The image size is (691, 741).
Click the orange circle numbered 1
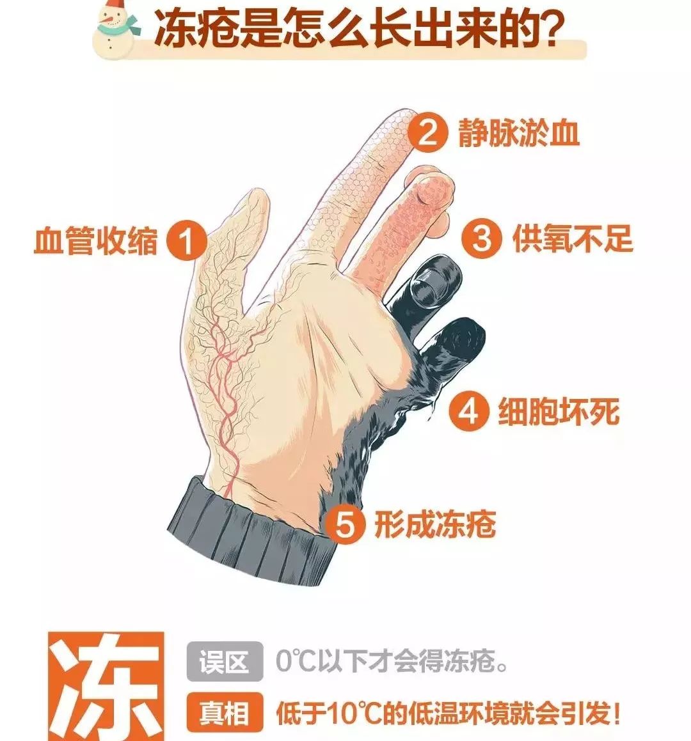(x=186, y=242)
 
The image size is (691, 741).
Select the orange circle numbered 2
(x=427, y=132)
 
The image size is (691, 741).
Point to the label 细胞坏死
(x=559, y=411)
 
